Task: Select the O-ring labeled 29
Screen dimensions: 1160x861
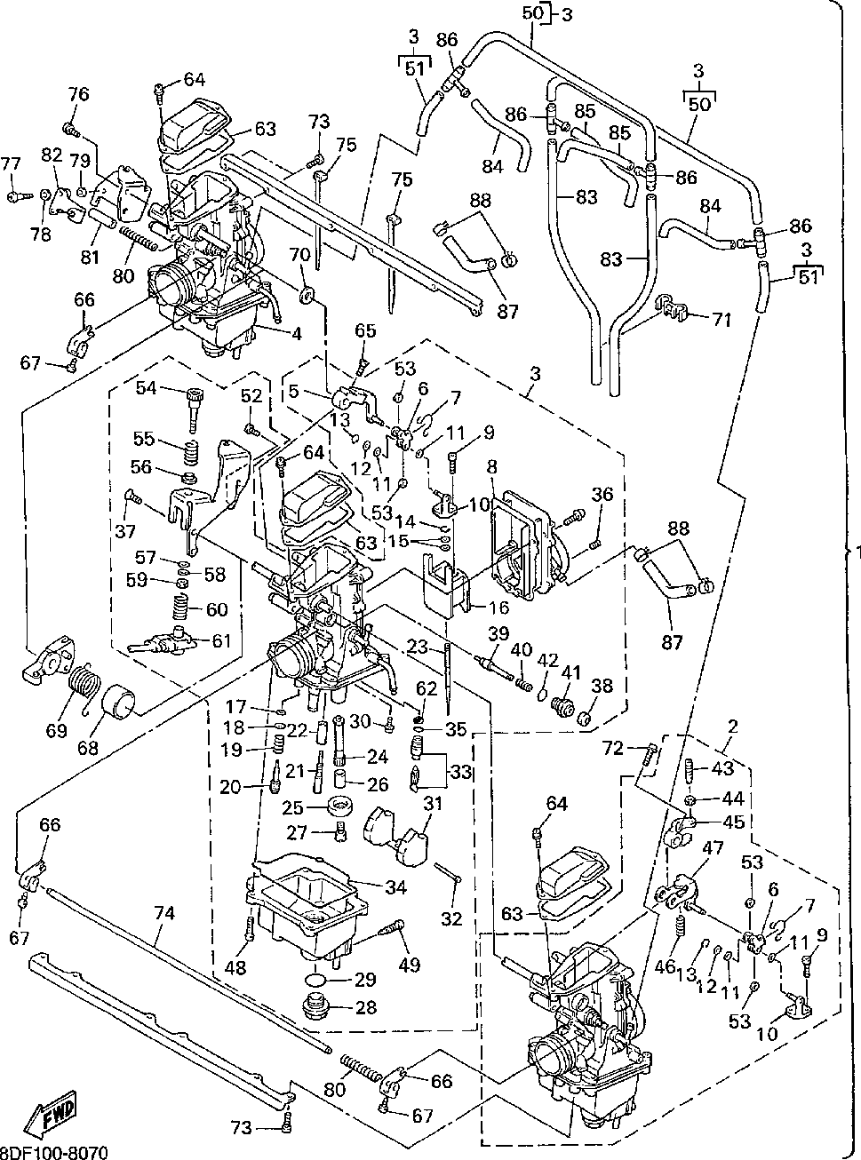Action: (317, 981)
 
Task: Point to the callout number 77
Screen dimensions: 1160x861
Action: (10, 163)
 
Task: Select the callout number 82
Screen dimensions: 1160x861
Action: (52, 155)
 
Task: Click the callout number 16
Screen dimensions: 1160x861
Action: (498, 608)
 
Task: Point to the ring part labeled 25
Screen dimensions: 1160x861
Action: (339, 808)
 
